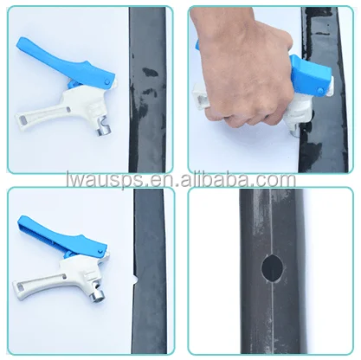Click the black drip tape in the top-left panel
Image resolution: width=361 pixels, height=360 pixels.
coord(150,87)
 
